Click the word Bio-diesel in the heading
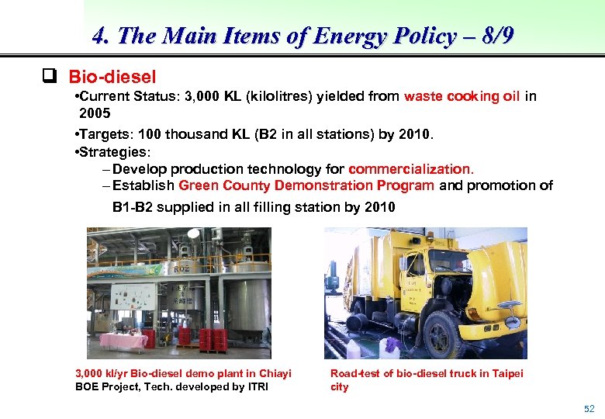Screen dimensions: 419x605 point(112,77)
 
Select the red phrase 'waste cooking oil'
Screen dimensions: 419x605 point(462,97)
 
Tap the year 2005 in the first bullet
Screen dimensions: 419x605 point(95,113)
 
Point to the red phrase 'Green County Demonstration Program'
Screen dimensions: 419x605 point(306,185)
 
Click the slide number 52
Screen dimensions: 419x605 point(589,408)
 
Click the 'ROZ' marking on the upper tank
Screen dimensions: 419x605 point(181,268)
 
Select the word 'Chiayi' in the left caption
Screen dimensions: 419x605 point(275,374)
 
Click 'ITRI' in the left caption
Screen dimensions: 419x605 point(257,386)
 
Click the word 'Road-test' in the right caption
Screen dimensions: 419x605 point(354,374)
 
